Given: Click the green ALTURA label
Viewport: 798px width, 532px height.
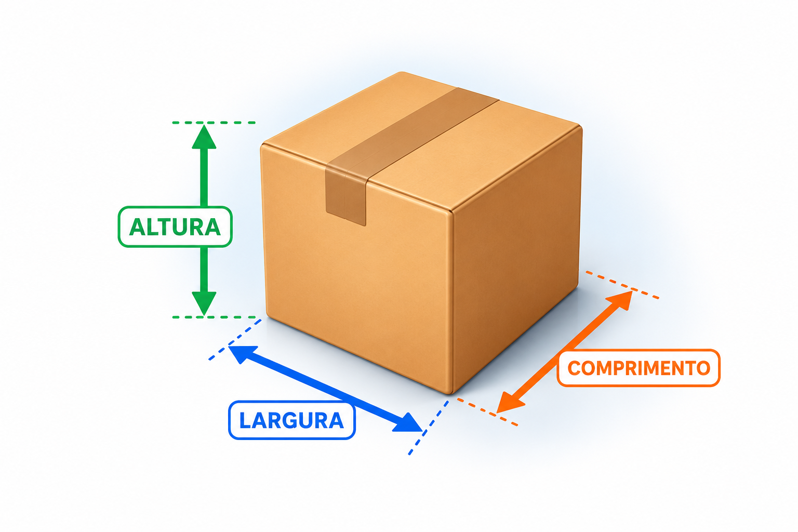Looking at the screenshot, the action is click(175, 227).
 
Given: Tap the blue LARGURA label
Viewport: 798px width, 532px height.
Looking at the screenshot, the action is click(292, 420).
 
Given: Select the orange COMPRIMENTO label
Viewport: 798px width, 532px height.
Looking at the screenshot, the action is click(639, 368).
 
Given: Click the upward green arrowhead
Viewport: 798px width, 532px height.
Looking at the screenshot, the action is click(204, 137).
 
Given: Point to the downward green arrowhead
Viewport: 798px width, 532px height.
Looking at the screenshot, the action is click(204, 303).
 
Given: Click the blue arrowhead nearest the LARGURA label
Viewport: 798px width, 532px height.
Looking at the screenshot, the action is click(408, 423).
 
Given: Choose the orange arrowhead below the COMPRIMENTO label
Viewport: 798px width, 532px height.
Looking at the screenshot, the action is click(510, 403).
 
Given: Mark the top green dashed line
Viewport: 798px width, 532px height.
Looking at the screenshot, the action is click(214, 123).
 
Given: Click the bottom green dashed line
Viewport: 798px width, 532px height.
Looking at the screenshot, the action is click(214, 317).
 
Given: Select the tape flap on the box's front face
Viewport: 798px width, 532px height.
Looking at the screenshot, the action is click(345, 195).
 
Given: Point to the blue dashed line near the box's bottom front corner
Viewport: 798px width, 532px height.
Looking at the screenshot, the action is click(428, 428).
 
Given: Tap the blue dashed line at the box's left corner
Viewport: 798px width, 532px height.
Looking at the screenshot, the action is click(235, 340).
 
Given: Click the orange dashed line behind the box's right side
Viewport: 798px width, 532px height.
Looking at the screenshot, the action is click(622, 284).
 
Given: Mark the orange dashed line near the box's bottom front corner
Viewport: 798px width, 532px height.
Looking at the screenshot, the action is click(487, 412).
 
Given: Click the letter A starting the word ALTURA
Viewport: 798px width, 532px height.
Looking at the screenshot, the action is click(137, 227).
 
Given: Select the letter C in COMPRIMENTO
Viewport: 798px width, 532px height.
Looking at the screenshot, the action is click(575, 368).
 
